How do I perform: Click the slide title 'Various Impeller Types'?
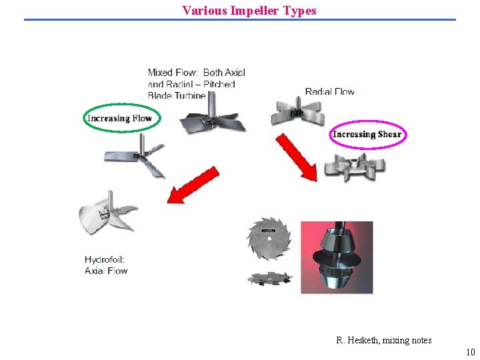click(x=249, y=11)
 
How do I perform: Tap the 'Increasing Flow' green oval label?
click(x=119, y=119)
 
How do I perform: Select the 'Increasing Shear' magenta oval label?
click(x=367, y=134)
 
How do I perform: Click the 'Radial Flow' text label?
click(x=329, y=91)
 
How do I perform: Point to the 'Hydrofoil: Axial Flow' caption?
click(x=106, y=265)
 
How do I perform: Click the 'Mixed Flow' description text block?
click(x=196, y=84)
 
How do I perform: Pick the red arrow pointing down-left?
click(x=193, y=185)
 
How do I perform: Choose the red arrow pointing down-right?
click(x=298, y=157)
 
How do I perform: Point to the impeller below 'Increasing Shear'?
click(x=354, y=167)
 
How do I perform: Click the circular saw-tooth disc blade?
click(x=269, y=239)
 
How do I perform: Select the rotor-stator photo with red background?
click(x=337, y=257)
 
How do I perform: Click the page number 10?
click(x=471, y=352)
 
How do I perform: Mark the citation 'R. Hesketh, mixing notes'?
click(x=384, y=340)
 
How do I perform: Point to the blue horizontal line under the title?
click(x=240, y=19)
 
